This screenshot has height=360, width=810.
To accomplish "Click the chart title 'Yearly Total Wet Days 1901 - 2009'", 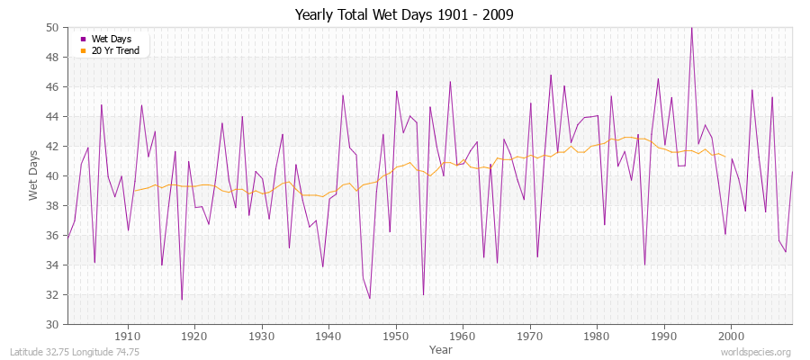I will point(404,15).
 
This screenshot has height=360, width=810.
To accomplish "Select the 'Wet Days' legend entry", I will point(112,39).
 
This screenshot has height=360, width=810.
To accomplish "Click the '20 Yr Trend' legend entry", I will point(115,50).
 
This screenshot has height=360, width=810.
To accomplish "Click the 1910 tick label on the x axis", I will point(128,335).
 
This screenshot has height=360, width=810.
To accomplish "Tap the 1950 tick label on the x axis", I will point(396,335).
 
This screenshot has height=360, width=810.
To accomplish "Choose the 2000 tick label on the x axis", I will point(731,335).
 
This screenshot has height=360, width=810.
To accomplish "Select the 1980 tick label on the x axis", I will point(597,335).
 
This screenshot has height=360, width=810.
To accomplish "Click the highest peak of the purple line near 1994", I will point(691,28).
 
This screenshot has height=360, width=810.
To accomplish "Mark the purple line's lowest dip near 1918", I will point(182,299).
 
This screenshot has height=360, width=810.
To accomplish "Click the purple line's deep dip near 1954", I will point(423,294).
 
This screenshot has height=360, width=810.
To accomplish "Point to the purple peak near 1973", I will point(551,76).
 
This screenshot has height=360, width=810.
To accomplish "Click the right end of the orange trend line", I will point(724,157).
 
